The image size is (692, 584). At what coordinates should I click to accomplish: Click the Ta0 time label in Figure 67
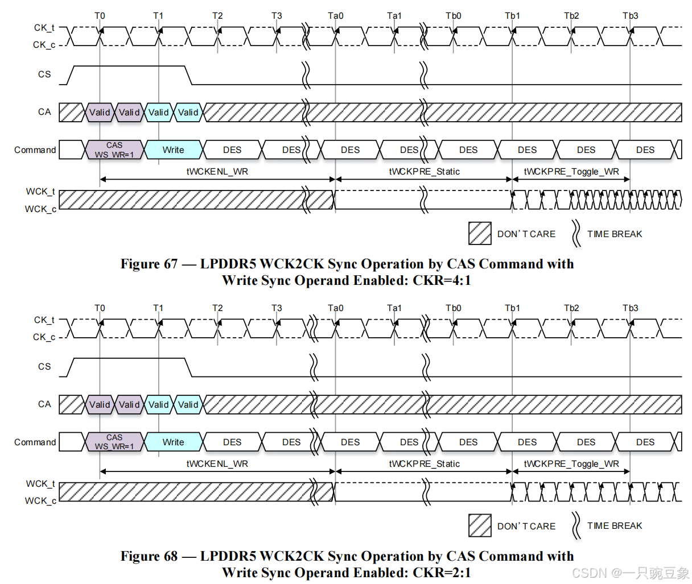(x=336, y=16)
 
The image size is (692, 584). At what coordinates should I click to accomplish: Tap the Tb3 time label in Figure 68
(x=630, y=308)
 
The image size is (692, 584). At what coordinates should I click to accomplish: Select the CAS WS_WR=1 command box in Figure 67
(x=114, y=150)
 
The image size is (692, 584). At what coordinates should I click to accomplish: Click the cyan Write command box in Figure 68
(x=173, y=442)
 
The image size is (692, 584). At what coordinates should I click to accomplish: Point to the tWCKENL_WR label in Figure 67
(x=217, y=172)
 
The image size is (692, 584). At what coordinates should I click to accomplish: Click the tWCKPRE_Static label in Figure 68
(x=424, y=464)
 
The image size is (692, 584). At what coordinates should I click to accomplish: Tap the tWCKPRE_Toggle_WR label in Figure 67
(x=571, y=172)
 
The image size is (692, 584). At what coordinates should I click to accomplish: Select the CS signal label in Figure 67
(x=44, y=74)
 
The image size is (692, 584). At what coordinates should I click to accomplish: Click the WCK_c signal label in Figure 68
(x=40, y=501)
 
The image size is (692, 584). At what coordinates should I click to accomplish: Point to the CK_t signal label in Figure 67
(x=44, y=28)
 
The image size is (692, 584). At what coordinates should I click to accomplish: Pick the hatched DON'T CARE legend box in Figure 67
(x=480, y=233)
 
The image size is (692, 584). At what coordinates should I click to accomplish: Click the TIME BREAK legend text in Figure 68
(x=615, y=526)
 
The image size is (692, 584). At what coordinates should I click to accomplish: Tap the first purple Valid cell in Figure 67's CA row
(x=100, y=113)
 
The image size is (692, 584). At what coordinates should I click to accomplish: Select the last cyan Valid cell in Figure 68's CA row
(x=188, y=405)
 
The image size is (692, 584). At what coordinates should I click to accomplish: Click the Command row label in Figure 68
(x=35, y=442)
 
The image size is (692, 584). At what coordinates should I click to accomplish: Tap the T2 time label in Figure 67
(x=217, y=16)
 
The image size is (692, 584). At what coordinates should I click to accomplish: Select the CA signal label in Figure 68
(x=44, y=404)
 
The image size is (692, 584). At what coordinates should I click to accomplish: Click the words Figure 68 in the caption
(x=149, y=556)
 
